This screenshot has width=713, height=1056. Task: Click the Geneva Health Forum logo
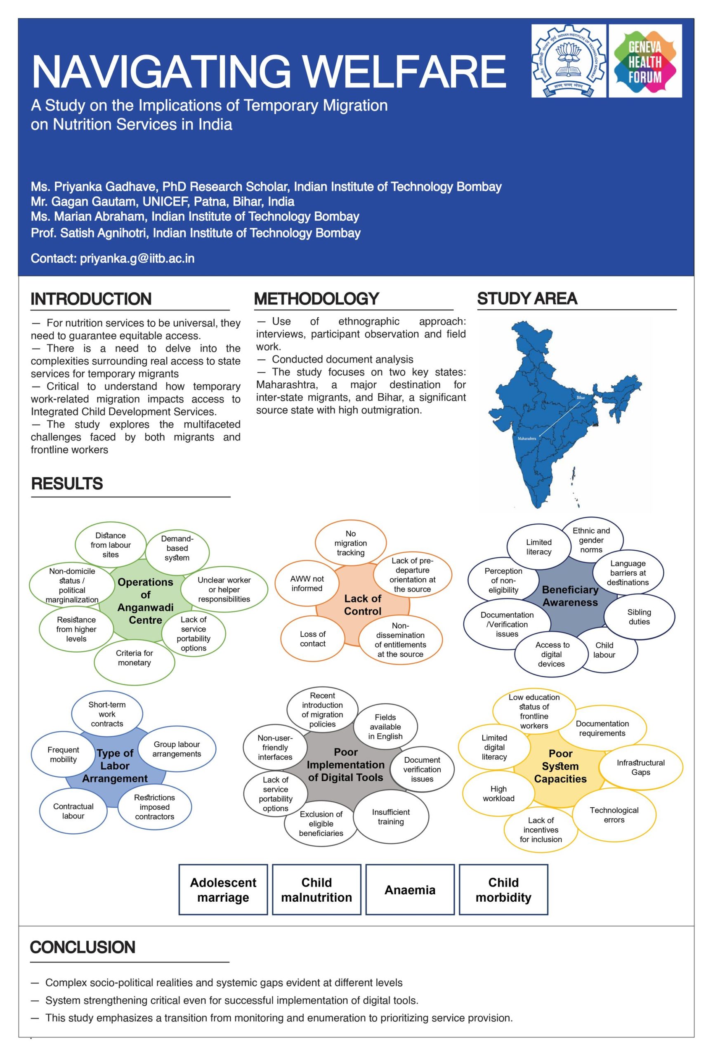click(645, 61)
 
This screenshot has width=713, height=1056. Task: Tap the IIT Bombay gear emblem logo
click(569, 61)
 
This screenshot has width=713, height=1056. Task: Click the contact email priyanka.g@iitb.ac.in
click(137, 259)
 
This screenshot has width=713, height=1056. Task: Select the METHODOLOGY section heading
click(316, 299)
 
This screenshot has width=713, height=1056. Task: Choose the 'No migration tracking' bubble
click(350, 543)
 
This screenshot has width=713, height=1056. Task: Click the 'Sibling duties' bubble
click(639, 617)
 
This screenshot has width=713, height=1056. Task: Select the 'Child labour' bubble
click(604, 650)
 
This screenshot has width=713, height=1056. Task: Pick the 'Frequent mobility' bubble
click(63, 754)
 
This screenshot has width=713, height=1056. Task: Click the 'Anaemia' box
click(410, 890)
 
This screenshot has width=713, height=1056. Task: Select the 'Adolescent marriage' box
click(223, 890)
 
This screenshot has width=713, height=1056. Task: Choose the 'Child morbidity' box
click(503, 890)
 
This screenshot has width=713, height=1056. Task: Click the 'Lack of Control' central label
click(363, 605)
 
